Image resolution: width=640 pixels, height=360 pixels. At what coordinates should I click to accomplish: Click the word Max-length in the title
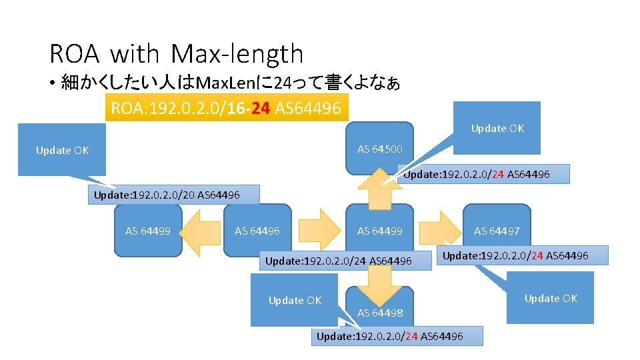pyautogui.click(x=237, y=54)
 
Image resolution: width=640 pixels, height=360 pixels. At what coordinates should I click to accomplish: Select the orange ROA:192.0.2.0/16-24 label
pyautogui.click(x=226, y=108)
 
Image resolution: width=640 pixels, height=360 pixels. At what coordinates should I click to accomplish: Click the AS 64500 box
pyautogui.click(x=380, y=149)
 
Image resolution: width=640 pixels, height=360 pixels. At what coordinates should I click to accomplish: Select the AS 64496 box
pyautogui.click(x=257, y=231)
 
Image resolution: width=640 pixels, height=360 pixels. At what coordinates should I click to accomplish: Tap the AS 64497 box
pyautogui.click(x=497, y=231)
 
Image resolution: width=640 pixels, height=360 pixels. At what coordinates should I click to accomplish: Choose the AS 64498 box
pyautogui.click(x=380, y=312)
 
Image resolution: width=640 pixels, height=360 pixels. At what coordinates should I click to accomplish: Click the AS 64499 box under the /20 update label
pyautogui.click(x=148, y=231)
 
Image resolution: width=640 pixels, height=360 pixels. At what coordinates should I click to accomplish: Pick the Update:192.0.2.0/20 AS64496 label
pyautogui.click(x=167, y=195)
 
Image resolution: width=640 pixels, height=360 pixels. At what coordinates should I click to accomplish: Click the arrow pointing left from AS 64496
pyautogui.click(x=201, y=231)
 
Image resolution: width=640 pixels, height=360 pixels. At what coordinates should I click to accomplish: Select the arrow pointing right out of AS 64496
pyautogui.click(x=317, y=231)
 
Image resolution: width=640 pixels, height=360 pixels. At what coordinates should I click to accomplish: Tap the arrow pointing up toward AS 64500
pyautogui.click(x=380, y=190)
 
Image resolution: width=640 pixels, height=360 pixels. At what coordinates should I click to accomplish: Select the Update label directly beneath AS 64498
pyautogui.click(x=396, y=336)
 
